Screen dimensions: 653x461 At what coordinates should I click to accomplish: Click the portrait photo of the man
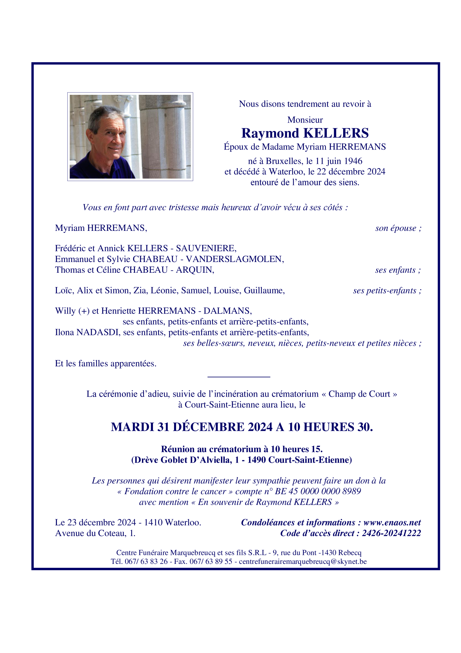click(x=130, y=136)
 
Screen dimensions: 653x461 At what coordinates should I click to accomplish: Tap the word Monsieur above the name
click(x=305, y=120)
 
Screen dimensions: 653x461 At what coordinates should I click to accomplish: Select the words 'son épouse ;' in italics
click(x=398, y=228)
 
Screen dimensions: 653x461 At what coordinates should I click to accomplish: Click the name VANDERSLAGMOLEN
click(x=235, y=259)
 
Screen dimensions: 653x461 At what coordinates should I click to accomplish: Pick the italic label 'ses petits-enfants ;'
click(x=387, y=290)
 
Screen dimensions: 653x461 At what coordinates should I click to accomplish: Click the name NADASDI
click(x=98, y=332)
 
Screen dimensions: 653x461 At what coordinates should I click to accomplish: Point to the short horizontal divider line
click(x=239, y=377)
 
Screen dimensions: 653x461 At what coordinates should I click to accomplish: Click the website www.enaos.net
click(x=392, y=523)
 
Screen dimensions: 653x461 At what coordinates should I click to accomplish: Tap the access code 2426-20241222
click(x=391, y=533)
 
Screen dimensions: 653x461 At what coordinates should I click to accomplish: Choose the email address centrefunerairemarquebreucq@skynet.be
click(x=303, y=562)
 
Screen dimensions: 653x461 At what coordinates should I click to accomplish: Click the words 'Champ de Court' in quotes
click(x=359, y=394)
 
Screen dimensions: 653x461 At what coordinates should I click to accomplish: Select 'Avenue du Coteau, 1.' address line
click(x=95, y=533)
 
